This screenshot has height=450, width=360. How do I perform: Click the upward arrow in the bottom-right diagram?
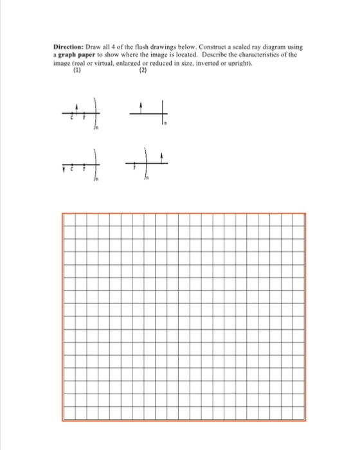coord(161,157)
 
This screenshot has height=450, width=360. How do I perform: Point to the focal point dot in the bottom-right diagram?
coord(134,164)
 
